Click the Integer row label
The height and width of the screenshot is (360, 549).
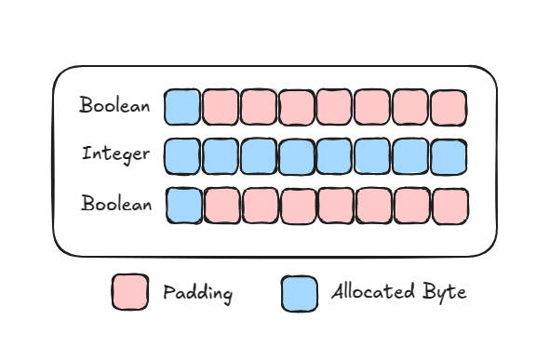tap(115, 153)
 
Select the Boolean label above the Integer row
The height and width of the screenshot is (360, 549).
tap(114, 105)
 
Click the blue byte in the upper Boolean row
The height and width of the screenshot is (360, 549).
tap(182, 107)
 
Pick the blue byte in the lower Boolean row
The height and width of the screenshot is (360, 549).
tap(184, 205)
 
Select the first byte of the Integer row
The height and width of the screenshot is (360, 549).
tap(182, 156)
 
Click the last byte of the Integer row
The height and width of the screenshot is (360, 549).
tap(449, 156)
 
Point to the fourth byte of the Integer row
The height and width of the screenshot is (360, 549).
tap(297, 156)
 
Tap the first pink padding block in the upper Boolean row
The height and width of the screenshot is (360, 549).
tap(221, 107)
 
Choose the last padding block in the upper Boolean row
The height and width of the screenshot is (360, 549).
tap(449, 107)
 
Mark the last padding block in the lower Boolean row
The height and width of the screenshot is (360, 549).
tap(450, 206)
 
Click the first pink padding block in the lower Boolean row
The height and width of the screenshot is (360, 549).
tap(222, 206)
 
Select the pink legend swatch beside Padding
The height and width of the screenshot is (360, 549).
tap(129, 292)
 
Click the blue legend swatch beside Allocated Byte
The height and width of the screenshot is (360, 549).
tap(299, 292)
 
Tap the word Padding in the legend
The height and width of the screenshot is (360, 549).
tap(197, 293)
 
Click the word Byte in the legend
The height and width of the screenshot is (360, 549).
tap(446, 293)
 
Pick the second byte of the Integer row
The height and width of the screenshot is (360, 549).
tap(221, 156)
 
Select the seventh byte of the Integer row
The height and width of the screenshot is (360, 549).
tap(410, 156)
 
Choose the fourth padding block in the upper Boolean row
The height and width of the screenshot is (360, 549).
tap(335, 107)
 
